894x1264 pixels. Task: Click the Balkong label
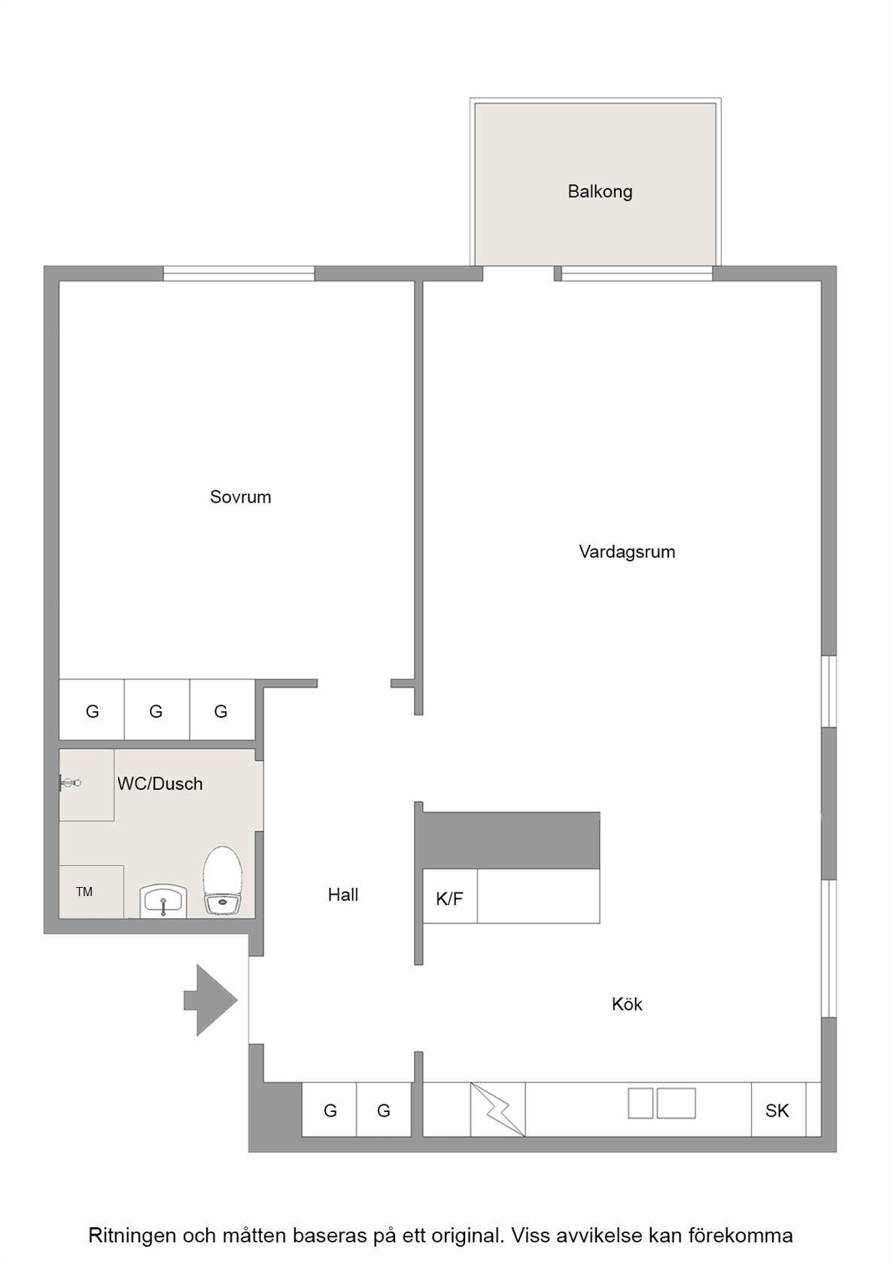pyautogui.click(x=599, y=192)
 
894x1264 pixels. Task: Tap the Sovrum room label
pyautogui.click(x=241, y=497)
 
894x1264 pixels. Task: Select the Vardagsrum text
pyautogui.click(x=627, y=551)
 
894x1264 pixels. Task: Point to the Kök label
pyautogui.click(x=627, y=1004)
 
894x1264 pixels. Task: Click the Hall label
pyautogui.click(x=343, y=895)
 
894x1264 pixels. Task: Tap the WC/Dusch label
pyautogui.click(x=160, y=784)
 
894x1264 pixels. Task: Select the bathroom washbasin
pyautogui.click(x=163, y=900)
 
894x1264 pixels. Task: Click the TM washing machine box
pyautogui.click(x=92, y=892)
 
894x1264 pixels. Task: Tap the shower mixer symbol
pyautogui.click(x=70, y=782)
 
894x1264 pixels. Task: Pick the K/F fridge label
pyautogui.click(x=449, y=899)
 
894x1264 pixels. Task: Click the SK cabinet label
pyautogui.click(x=777, y=1111)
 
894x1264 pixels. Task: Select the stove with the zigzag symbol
pyautogui.click(x=498, y=1109)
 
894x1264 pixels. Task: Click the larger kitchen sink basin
pyautogui.click(x=676, y=1103)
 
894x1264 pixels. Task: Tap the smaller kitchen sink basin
pyautogui.click(x=640, y=1103)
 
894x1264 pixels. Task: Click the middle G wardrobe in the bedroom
pyautogui.click(x=157, y=710)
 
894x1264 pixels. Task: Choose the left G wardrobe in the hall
pyautogui.click(x=330, y=1109)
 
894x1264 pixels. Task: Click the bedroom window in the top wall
pyautogui.click(x=239, y=273)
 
